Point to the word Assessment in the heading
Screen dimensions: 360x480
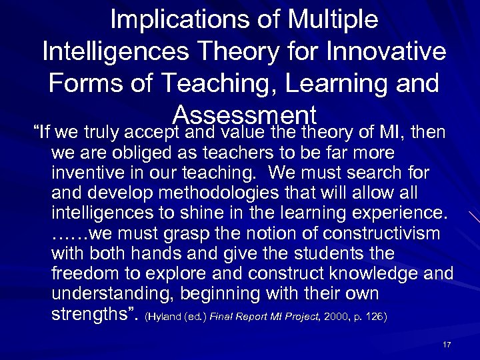click(243, 115)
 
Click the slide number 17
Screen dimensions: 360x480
click(447, 344)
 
